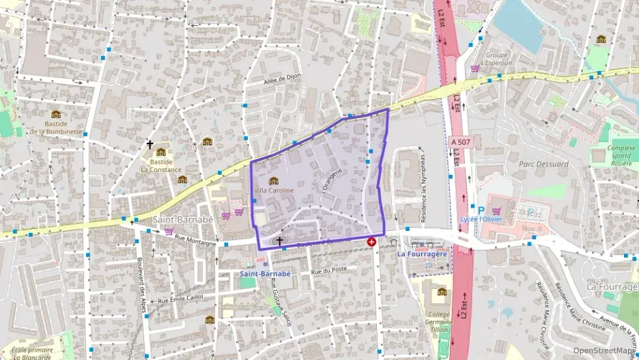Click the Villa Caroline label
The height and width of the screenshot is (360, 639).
click(x=274, y=190)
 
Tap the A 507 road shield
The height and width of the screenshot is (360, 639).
click(x=461, y=141)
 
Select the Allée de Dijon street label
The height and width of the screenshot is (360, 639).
click(x=282, y=81)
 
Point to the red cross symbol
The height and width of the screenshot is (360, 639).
click(x=371, y=242)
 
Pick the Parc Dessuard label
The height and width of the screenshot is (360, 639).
click(x=543, y=164)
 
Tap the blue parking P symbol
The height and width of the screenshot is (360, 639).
click(x=481, y=211)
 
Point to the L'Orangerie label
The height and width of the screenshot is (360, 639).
click(x=330, y=179)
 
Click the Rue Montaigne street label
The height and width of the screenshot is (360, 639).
click(x=195, y=240)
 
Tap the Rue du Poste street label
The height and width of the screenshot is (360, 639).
click(x=325, y=272)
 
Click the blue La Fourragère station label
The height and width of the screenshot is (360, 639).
click(x=422, y=254)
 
